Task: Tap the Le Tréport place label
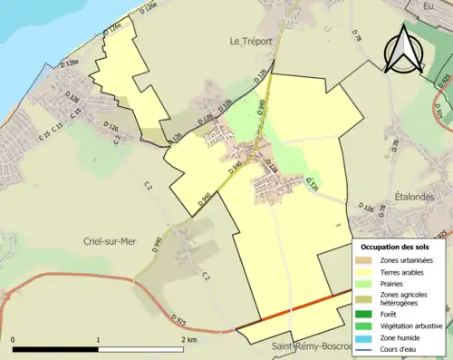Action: coord(251,41)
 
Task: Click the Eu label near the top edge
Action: coord(429,6)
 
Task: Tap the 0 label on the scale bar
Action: coord(13,339)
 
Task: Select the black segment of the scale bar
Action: coord(54,349)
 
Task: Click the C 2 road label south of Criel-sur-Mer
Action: coord(206,275)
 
